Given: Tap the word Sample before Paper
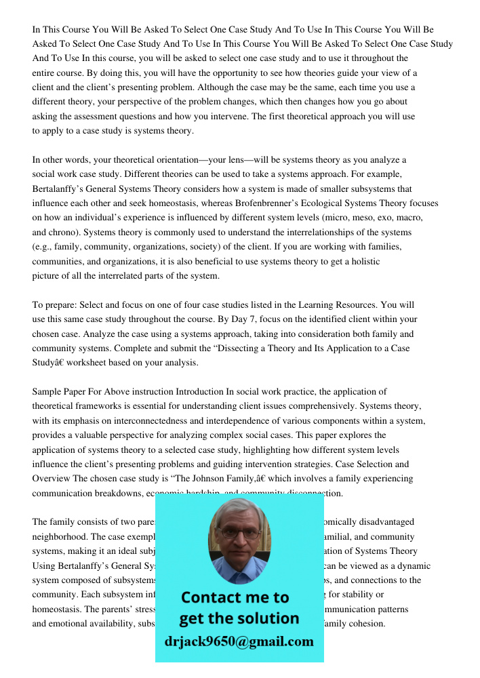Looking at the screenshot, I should click(x=46, y=392).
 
